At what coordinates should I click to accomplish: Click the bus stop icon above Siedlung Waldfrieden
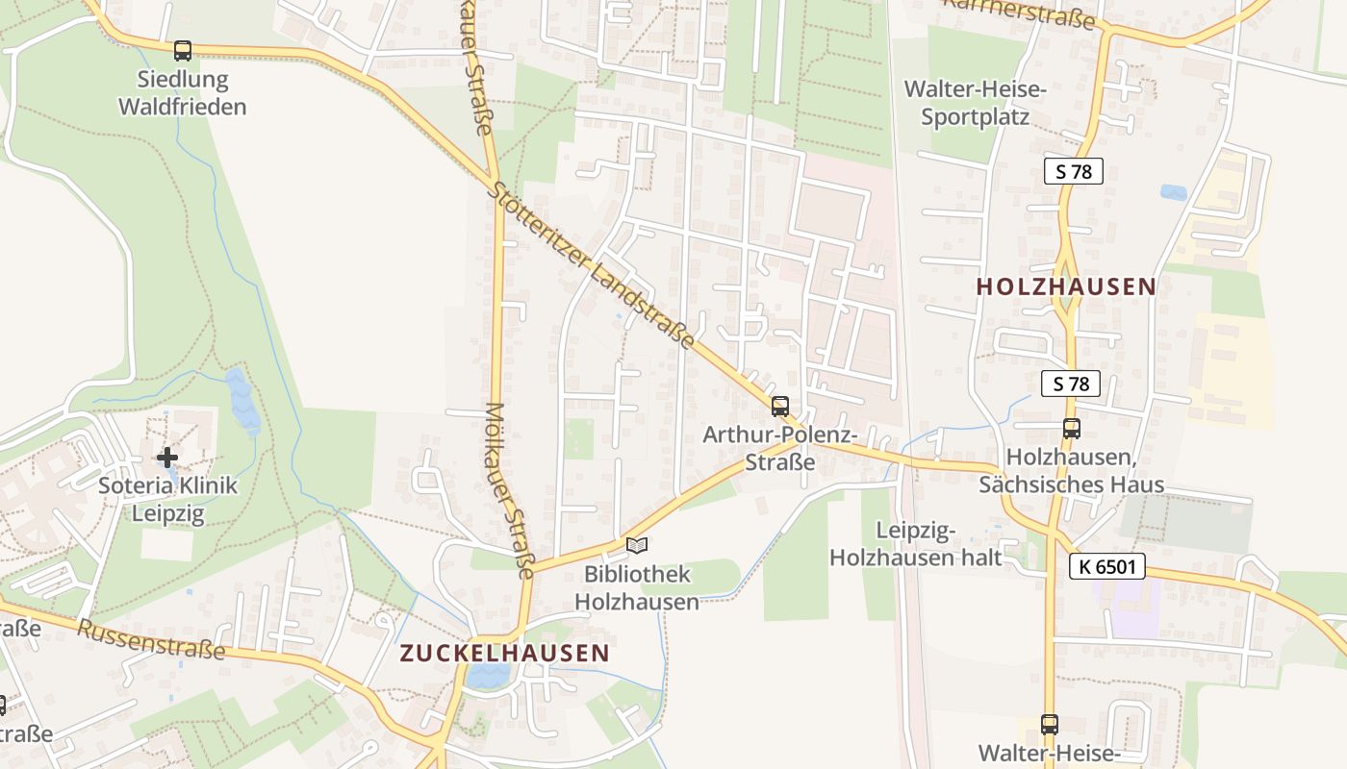[182, 50]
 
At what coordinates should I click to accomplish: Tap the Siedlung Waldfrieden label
[182, 93]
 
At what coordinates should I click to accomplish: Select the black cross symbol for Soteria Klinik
[167, 458]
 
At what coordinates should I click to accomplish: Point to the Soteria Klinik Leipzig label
[167, 500]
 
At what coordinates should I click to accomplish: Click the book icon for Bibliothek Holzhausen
[637, 546]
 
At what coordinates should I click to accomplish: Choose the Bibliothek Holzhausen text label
[637, 588]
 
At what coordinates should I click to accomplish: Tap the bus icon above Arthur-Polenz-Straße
[779, 406]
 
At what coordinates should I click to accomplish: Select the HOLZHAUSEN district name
[1066, 286]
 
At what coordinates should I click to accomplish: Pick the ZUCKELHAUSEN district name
[504, 654]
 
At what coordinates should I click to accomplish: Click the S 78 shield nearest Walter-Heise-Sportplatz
[1073, 172]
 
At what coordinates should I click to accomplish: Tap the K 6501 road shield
[1106, 567]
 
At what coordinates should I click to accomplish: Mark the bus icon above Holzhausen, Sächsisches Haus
[1071, 429]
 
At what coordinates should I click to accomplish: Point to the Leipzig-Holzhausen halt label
[916, 544]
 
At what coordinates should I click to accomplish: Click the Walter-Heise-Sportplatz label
[975, 104]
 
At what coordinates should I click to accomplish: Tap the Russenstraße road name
[151, 638]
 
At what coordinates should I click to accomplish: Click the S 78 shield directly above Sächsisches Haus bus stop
[1070, 384]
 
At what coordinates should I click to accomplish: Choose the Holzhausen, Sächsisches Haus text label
[1071, 471]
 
